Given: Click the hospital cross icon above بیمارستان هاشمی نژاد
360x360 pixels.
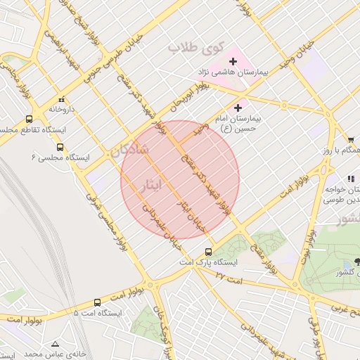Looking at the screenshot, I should [233, 62].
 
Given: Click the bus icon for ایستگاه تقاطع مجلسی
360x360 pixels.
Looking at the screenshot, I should [29, 119].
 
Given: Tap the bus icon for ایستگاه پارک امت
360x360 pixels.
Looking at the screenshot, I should [208, 252].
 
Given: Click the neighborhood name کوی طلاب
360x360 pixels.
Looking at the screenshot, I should [195, 49].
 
